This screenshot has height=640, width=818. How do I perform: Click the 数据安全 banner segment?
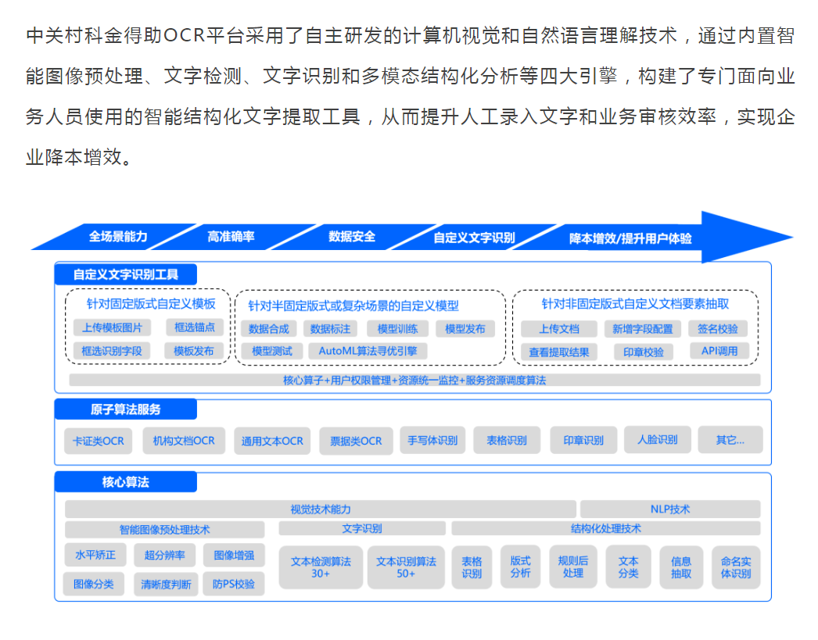tap(352, 237)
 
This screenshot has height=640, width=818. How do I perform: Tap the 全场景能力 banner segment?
tap(118, 237)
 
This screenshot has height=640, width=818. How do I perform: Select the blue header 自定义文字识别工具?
tap(126, 274)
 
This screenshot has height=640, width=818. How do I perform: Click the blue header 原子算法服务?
tap(126, 409)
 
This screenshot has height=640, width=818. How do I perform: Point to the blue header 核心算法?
tap(126, 482)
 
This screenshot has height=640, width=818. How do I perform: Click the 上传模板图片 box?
tap(112, 327)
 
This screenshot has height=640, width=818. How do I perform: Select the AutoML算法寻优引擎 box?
tap(368, 351)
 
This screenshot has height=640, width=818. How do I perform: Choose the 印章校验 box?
tap(644, 352)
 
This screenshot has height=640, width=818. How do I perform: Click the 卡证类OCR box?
tap(98, 441)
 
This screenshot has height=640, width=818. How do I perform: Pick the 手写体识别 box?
tap(432, 440)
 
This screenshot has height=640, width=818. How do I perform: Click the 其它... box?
tap(730, 440)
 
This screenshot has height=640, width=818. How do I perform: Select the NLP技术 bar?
tap(670, 509)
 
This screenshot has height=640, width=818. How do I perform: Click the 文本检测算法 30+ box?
tap(321, 567)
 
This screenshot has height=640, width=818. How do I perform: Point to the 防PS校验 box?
tap(234, 584)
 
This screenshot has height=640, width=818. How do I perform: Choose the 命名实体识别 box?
tap(735, 567)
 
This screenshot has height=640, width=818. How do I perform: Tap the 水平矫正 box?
tap(95, 556)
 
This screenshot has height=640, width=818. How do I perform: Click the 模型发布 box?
tap(465, 329)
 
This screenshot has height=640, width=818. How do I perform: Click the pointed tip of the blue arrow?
tap(791, 238)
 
